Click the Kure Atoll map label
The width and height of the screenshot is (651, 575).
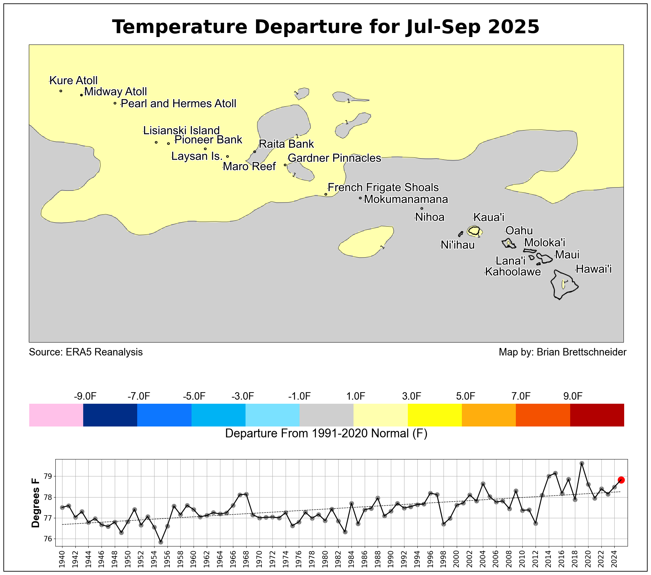[x=73, y=81]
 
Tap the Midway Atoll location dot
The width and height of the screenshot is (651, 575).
[x=82, y=95]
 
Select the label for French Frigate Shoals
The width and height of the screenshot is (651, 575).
[x=383, y=188]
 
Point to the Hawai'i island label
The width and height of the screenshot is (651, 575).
[x=594, y=269]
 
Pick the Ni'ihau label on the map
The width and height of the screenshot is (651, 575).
[x=457, y=245]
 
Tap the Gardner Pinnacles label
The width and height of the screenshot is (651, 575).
[x=334, y=158]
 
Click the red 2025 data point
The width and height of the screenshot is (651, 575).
[x=621, y=480]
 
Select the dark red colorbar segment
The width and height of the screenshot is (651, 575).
[x=597, y=415]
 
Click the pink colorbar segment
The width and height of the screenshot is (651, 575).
[x=56, y=415]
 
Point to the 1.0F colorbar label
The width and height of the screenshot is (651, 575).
[x=356, y=396]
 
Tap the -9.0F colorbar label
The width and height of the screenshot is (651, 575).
[x=85, y=396]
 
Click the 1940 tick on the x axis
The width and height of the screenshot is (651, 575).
[x=62, y=559]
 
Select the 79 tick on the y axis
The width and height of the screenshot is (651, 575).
[x=49, y=476]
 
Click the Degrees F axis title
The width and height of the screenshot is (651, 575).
[x=35, y=503]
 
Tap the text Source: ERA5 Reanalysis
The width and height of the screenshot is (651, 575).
[x=86, y=352]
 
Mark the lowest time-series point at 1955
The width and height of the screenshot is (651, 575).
[x=161, y=542]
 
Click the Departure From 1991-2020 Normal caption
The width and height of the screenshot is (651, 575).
[x=326, y=434]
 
